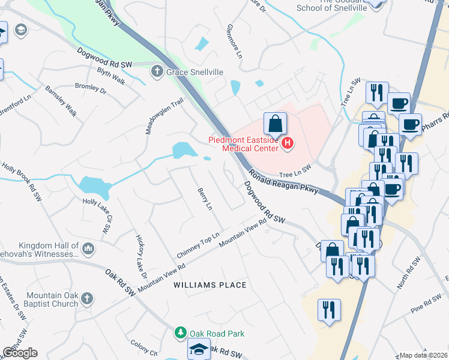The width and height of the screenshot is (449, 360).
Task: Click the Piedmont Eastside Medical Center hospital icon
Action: pos(288,143)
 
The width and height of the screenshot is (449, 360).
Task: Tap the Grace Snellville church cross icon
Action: pos(157,72)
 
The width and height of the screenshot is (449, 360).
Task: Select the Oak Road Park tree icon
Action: pos(180,332)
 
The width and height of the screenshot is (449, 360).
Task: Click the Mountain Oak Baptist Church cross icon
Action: pos(87,298)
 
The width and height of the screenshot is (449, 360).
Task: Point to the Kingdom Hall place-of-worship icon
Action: pos(88,248)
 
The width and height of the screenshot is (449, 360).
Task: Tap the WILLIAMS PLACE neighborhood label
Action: pos(210,284)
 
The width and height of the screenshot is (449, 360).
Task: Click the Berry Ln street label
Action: pos(205,199)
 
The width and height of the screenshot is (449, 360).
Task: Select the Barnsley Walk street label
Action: pos(61,100)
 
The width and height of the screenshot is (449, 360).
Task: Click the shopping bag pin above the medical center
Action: pos(274,124)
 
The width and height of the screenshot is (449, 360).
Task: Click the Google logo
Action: pos(20,353)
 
